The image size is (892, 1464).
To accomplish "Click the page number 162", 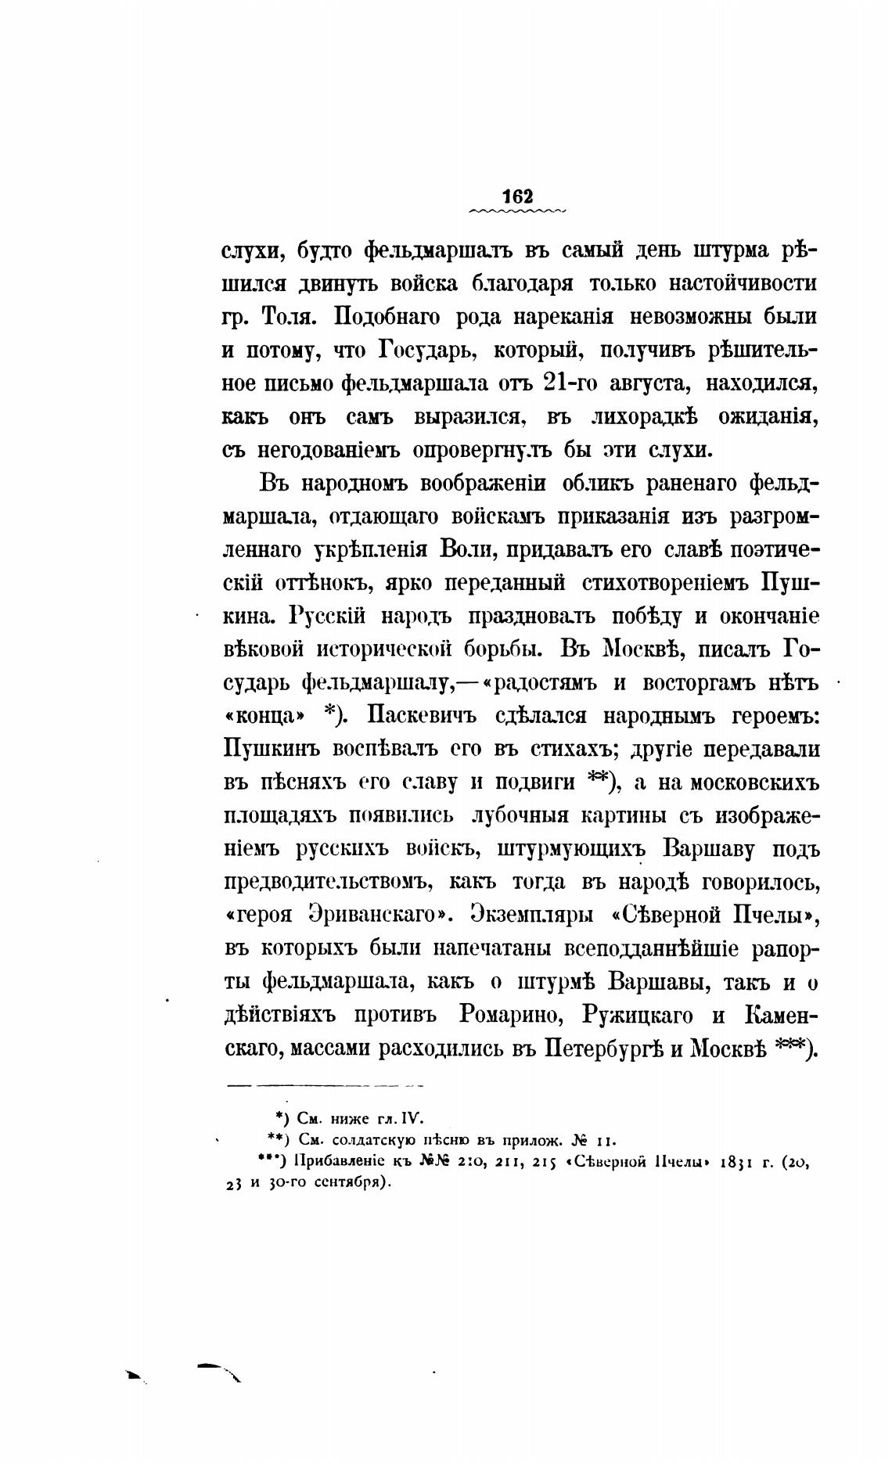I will pyautogui.click(x=519, y=196).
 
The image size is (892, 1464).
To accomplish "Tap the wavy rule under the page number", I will pyautogui.click(x=519, y=211).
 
